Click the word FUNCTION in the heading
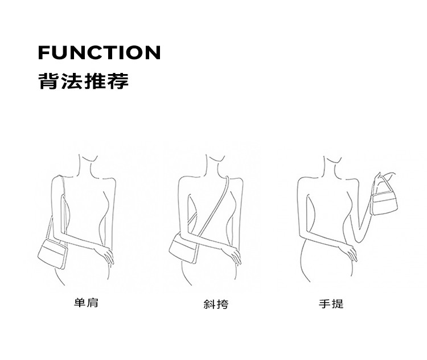100,52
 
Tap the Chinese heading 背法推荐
83,81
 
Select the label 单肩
86,303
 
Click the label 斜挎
216,304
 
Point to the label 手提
331,304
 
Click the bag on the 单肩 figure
52,253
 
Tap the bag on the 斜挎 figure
183,248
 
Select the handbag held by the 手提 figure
384,202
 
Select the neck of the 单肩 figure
85,166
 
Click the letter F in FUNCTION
44,52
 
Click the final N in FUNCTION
153,52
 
